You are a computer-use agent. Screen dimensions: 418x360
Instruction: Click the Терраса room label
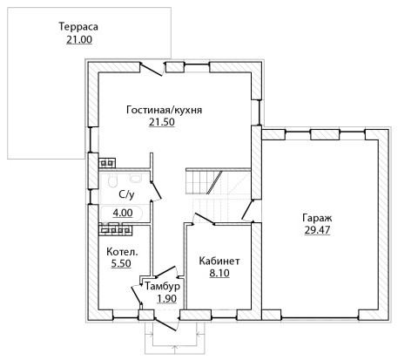coord(78,26)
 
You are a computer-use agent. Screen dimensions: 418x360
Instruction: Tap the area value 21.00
coord(79,39)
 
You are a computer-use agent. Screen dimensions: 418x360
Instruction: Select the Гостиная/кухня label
coord(165,110)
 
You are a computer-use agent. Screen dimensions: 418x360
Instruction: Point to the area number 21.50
coord(162,122)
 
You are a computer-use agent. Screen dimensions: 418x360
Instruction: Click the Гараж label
coord(317,218)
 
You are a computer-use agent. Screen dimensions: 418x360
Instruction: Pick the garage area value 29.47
coord(317,230)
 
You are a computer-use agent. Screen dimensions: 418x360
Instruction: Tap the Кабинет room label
coord(219,261)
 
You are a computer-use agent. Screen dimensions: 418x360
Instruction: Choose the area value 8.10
coord(219,273)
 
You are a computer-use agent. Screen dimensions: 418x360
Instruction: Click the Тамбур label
coord(163,286)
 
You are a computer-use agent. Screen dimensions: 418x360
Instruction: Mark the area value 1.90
coord(166,298)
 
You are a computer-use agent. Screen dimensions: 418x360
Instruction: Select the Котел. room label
coord(122,252)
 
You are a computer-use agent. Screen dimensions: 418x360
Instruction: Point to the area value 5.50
coord(121,263)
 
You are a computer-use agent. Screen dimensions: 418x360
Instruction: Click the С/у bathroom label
coord(127,194)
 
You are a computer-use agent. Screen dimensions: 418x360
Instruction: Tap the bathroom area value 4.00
coord(123,213)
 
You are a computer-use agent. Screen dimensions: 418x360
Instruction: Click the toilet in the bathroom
coord(112,180)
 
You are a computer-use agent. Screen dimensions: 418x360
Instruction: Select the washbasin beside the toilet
coord(135,178)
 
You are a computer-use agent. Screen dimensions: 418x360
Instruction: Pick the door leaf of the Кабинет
coord(204,219)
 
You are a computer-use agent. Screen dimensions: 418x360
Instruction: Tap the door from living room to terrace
coord(151,69)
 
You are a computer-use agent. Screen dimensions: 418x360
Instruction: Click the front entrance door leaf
coord(165,324)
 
